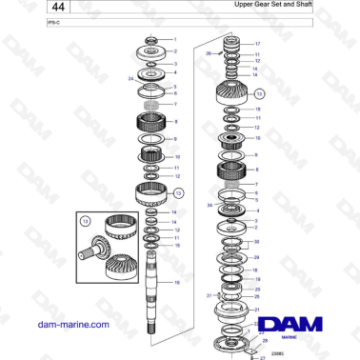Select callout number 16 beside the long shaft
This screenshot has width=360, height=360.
click(175, 283)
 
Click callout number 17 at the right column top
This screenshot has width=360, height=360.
click(258, 44)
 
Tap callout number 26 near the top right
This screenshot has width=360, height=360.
click(210, 54)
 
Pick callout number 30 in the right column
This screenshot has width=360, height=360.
click(255, 242)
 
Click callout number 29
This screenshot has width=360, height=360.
click(255, 258)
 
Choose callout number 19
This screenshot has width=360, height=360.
click(255, 279)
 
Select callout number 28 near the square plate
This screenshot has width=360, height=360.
click(266, 340)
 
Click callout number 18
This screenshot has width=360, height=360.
click(255, 270)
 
